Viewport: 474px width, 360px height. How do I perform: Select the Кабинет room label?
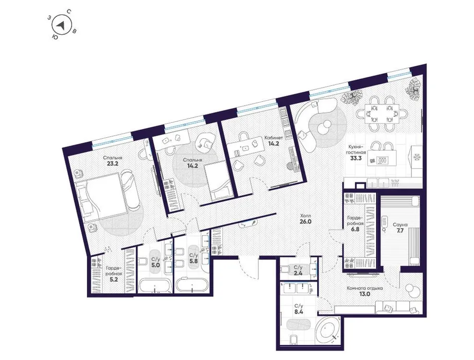[273, 137]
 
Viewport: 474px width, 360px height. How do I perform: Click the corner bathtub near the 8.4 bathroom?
[328, 330]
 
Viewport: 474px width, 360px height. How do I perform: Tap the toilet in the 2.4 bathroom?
[286, 267]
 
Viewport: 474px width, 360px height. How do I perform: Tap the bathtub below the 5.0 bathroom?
[154, 287]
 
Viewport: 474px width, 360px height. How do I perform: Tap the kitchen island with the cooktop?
[380, 160]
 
